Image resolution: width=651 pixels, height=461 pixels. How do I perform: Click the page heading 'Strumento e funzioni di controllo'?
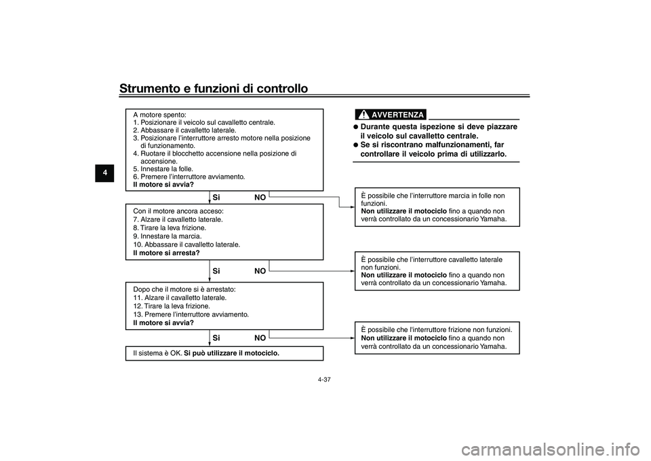click(x=213, y=88)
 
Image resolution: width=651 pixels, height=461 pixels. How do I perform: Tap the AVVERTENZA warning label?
click(x=397, y=115)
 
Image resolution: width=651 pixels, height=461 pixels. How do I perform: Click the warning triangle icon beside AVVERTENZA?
click(x=364, y=114)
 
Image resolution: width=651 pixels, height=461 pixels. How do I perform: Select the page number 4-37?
click(x=325, y=379)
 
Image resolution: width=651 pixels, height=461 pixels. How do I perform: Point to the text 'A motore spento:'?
click(x=159, y=115)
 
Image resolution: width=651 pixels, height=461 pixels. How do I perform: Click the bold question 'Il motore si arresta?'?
click(x=167, y=253)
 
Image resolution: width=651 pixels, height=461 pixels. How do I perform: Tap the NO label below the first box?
click(x=260, y=198)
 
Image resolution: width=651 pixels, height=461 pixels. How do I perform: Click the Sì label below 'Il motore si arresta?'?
click(x=216, y=271)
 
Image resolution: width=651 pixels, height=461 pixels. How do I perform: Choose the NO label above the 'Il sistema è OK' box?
click(x=260, y=337)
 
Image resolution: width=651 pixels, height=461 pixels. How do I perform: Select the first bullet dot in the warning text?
click(x=355, y=127)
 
